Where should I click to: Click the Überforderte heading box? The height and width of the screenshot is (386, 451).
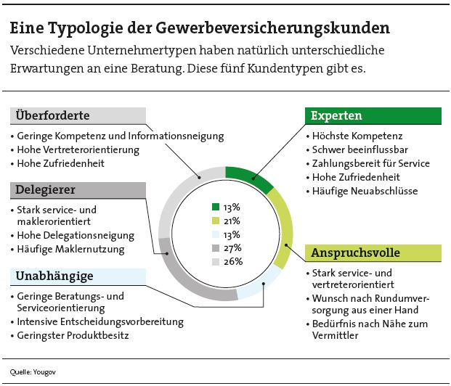(78, 116)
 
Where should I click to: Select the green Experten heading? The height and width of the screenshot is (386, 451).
(372, 116)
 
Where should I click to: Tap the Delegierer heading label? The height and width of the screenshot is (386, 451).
(78, 190)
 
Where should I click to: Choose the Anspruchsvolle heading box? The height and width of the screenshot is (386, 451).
(372, 252)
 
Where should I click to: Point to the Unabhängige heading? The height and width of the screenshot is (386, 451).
(78, 276)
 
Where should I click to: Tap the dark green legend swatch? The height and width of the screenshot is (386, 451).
(216, 208)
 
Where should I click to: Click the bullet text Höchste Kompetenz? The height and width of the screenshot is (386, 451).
(346, 136)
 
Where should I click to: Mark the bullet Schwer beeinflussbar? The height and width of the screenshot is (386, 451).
(351, 149)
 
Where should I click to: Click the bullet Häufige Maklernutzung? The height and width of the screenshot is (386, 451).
(70, 249)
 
